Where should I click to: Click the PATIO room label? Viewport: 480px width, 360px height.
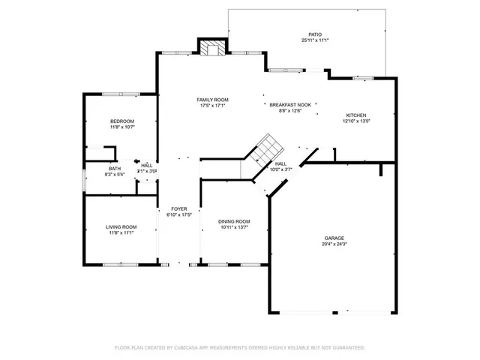click(315, 34)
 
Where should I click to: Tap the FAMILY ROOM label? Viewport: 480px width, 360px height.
click(212, 100)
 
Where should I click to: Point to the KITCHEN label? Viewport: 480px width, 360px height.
click(355, 115)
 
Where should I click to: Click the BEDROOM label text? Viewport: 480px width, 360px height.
click(121, 121)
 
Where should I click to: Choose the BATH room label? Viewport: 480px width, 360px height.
click(114, 169)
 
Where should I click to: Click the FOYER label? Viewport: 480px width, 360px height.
click(178, 208)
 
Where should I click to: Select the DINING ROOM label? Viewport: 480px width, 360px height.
click(234, 221)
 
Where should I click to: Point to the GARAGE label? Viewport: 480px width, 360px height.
click(334, 237)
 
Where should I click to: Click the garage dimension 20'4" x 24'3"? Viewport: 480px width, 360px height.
click(334, 244)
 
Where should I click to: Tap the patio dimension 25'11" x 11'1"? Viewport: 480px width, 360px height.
click(315, 40)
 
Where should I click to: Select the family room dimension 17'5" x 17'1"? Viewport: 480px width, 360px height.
click(212, 106)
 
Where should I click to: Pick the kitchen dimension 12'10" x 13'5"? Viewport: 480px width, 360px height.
click(355, 121)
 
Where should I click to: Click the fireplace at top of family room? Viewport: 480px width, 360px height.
click(212, 47)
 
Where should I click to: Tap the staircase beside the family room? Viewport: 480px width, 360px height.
click(265, 147)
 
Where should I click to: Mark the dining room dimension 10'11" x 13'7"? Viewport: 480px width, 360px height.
click(234, 227)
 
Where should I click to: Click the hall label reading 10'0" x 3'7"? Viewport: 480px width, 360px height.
click(280, 169)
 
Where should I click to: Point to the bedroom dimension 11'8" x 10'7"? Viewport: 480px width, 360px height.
click(121, 127)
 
